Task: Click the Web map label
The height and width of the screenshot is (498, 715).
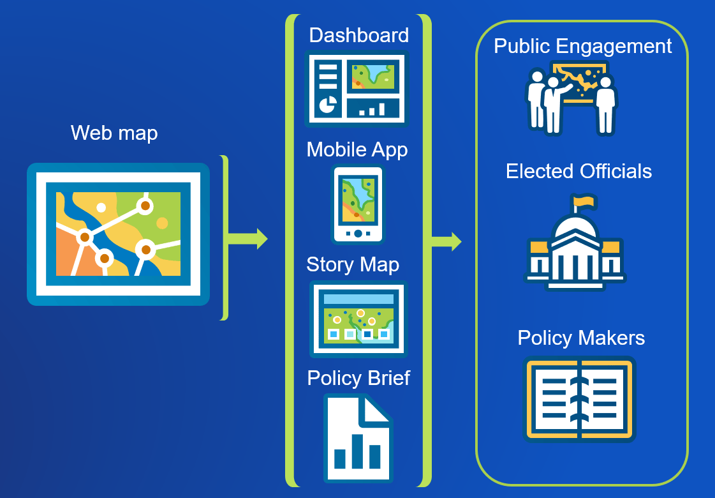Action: tap(114, 133)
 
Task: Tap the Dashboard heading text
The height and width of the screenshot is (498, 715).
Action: tap(358, 35)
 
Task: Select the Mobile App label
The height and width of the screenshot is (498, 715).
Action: tap(357, 149)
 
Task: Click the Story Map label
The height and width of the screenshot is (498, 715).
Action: tap(353, 264)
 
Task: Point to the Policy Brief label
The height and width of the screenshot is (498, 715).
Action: tap(358, 378)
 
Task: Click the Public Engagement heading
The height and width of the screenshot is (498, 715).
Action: tap(582, 46)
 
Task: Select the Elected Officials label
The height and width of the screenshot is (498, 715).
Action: tap(579, 171)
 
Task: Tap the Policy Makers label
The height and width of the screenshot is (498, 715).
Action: tap(581, 338)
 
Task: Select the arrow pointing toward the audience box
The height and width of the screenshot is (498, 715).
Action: tap(446, 242)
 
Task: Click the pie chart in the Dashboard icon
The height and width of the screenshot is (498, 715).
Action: tap(328, 104)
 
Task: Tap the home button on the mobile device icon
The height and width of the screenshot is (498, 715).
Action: tap(358, 234)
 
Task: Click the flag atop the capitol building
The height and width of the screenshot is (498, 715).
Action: tap(584, 202)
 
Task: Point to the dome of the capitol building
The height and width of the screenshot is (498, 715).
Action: tap(575, 227)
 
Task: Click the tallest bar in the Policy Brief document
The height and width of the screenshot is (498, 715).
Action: tap(357, 451)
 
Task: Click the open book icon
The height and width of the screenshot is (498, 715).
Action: tap(579, 400)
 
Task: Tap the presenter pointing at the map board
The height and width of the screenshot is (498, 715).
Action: tap(553, 105)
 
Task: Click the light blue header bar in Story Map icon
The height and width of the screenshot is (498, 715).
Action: tap(358, 299)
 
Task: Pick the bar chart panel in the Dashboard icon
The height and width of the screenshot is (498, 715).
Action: tap(373, 109)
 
